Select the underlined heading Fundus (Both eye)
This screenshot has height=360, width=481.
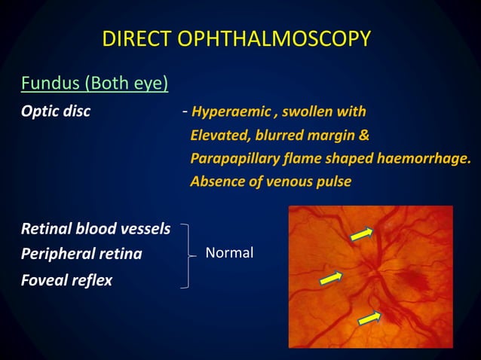tap(94, 82)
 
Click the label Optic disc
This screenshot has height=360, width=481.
tap(56, 112)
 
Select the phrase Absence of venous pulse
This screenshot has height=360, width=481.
tap(271, 182)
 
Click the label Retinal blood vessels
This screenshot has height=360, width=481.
tap(95, 228)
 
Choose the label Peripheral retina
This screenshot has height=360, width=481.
tap(81, 254)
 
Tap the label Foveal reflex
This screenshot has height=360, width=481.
tap(66, 280)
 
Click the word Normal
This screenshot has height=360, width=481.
tap(229, 253)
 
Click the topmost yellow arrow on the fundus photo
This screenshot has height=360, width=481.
tap(361, 236)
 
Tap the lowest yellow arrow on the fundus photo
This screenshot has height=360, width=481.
tap(369, 318)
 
